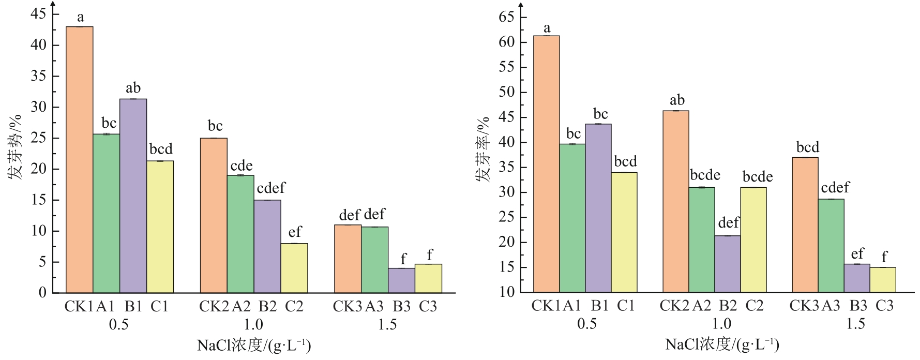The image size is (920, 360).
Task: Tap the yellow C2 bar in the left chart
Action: click(x=294, y=268)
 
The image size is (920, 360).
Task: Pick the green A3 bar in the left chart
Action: click(x=374, y=260)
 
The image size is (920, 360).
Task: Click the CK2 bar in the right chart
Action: click(x=675, y=201)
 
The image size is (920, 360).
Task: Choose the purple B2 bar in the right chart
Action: click(x=728, y=264)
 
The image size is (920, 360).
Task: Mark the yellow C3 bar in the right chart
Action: click(x=883, y=280)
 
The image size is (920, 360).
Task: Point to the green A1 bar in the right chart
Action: click(x=572, y=218)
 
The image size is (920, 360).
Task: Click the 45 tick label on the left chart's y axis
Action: click(x=38, y=14)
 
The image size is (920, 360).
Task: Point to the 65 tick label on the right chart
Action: click(x=506, y=17)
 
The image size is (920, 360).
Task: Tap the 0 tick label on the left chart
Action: click(x=42, y=293)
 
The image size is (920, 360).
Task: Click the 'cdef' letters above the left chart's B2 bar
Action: click(x=270, y=188)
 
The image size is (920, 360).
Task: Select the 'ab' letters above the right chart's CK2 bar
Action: click(x=677, y=100)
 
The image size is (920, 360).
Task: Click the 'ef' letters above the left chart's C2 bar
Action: click(x=295, y=232)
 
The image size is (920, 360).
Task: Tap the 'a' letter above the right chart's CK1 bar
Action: click(x=547, y=28)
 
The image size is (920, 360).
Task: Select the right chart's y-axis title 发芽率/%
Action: click(x=482, y=149)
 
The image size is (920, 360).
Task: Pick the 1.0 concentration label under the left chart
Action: click(x=253, y=324)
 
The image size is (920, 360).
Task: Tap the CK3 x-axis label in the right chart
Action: click(x=804, y=306)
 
